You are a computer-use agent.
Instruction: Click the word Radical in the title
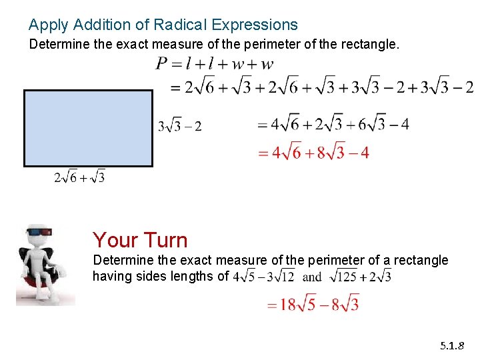(x=181, y=25)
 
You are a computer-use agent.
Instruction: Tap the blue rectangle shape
(x=88, y=127)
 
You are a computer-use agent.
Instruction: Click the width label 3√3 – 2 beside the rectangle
(x=179, y=125)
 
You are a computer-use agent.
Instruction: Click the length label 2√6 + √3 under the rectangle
(x=79, y=177)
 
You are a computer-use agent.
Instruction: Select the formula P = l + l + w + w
(x=214, y=64)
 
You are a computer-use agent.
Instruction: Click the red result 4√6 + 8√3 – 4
(x=313, y=153)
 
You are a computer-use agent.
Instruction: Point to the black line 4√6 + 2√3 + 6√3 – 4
(x=333, y=124)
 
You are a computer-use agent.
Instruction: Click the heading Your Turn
(x=140, y=239)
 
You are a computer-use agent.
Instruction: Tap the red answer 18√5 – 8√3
(x=313, y=304)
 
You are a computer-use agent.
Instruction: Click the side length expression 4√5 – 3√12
(x=264, y=276)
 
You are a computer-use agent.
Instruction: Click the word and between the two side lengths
(x=312, y=277)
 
